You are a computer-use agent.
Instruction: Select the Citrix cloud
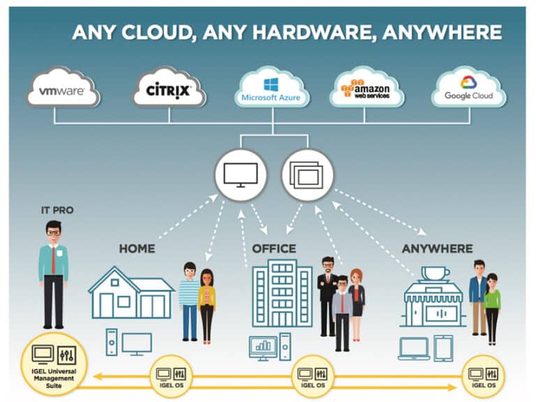point(169,87)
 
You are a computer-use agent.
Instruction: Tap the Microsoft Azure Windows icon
point(271,84)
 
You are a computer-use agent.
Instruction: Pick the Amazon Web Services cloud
point(366,87)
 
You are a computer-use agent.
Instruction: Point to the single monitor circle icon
point(241,175)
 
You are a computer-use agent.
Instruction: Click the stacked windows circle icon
point(307,175)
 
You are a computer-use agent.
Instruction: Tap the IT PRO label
point(57,210)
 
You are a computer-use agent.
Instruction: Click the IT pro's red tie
point(53,260)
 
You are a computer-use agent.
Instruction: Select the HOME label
point(137,248)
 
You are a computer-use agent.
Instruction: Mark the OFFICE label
point(274,248)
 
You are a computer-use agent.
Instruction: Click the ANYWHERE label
point(437,248)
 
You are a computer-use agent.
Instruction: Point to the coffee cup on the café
point(435,274)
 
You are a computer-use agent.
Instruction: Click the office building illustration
point(282,293)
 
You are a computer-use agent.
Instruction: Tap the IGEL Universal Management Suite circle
point(54,366)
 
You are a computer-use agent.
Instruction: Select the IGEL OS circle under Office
point(313,376)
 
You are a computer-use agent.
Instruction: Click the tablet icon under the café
point(443,348)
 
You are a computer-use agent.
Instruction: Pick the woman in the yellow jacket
point(207,306)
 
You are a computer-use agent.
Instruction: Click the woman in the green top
point(492,308)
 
